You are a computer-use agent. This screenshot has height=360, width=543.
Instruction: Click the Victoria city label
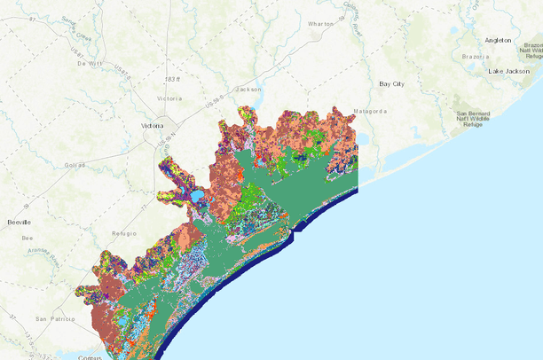point(153,127)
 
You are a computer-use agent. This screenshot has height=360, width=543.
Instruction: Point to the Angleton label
point(504,41)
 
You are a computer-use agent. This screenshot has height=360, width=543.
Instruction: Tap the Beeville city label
point(19,221)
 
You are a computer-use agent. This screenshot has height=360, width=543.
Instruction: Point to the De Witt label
point(90,64)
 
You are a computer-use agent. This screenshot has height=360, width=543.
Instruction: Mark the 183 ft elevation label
point(182,81)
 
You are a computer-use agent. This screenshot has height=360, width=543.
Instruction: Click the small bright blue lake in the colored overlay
point(196,195)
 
